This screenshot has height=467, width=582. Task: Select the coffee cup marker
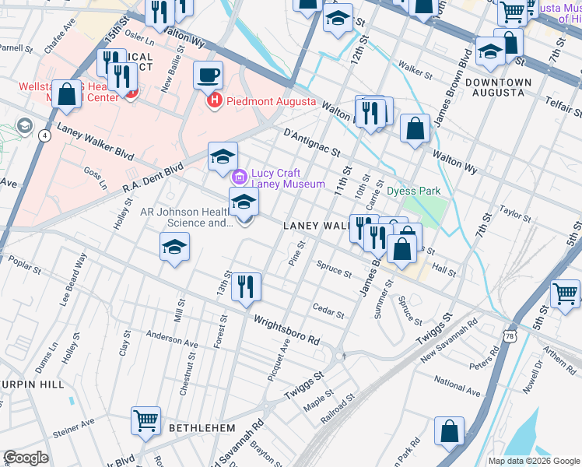(208, 76)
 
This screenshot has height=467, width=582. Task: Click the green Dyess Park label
(414, 191)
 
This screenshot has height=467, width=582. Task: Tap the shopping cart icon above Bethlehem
(145, 421)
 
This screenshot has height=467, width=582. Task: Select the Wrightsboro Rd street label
(286, 330)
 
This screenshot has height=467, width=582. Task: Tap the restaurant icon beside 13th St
(247, 287)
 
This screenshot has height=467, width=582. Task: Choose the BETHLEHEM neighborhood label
(204, 428)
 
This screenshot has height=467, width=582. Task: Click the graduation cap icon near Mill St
(175, 248)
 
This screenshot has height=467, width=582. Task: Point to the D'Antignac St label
(313, 142)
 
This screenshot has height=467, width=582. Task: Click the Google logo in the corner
(26, 457)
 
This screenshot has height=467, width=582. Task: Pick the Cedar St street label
(328, 311)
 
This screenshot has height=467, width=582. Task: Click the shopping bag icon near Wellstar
(68, 95)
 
